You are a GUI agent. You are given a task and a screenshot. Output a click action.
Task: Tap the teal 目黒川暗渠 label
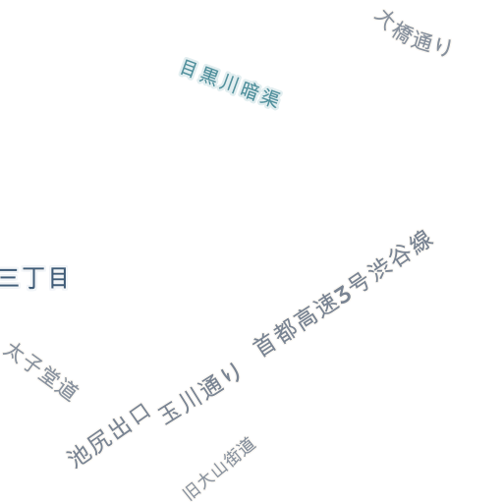coord(230,84)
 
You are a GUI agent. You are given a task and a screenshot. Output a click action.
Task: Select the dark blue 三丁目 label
coord(33,278)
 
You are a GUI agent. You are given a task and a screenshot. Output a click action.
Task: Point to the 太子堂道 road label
coord(41,372)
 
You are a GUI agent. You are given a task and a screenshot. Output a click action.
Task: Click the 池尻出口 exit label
coord(108,435)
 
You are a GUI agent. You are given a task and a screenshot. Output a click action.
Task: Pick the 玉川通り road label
coord(199,393)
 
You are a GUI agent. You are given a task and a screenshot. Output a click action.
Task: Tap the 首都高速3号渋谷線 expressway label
coord(343,293)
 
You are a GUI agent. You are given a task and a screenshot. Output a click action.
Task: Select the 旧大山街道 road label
coord(219,469)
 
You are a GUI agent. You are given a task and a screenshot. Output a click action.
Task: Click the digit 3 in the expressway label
coord(342,296)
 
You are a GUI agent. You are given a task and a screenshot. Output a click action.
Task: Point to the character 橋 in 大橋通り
coord(401,33)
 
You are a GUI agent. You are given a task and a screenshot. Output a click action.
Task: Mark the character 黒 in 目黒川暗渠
coord(208,78)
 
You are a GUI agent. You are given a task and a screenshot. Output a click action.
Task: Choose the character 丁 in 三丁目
coord(33,278)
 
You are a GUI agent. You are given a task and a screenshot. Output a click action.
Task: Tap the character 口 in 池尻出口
coord(140,414)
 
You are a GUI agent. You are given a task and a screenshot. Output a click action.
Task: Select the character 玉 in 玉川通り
coord(170,414)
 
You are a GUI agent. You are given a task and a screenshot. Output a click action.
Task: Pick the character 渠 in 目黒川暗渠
coord(270,97)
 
